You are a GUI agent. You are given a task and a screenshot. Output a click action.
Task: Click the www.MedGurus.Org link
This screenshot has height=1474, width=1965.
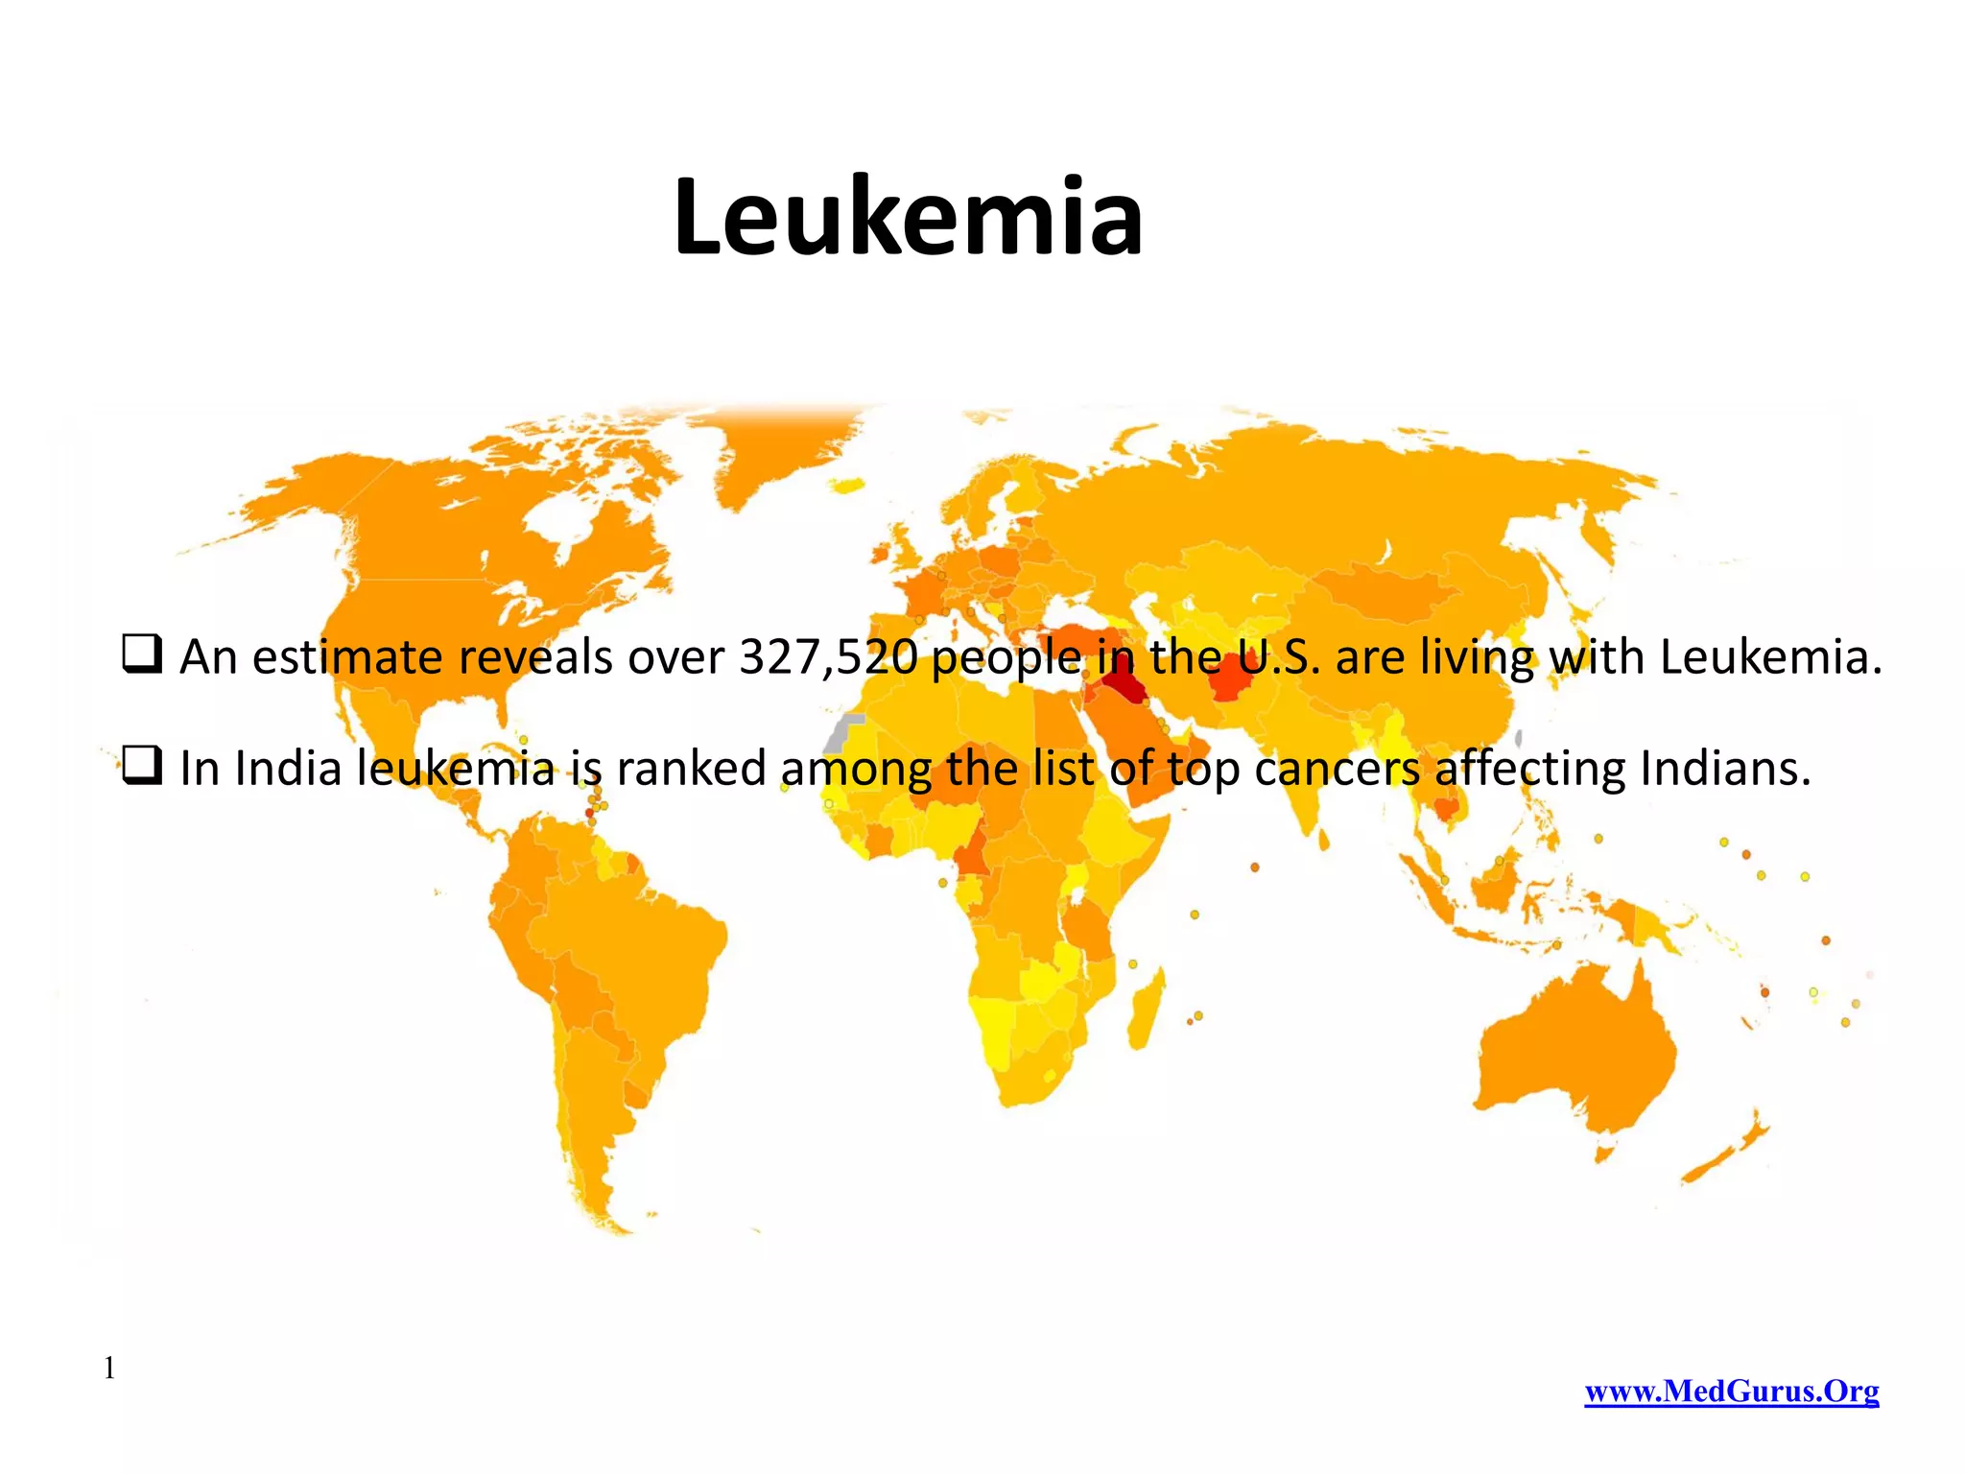1731,1391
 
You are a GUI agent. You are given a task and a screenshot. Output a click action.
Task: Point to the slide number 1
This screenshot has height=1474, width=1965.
109,1368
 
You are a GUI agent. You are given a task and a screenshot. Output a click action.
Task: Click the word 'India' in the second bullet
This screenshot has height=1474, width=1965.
288,769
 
